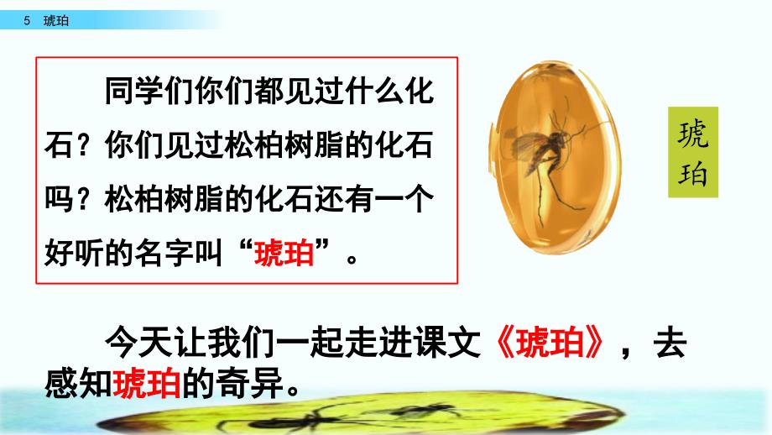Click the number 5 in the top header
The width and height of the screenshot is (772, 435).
tap(27, 21)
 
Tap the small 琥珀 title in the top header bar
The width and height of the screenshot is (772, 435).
tap(55, 21)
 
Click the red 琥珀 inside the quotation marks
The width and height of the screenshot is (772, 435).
tap(284, 253)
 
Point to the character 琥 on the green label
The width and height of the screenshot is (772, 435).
tap(693, 134)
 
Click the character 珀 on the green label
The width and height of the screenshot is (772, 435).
tap(693, 173)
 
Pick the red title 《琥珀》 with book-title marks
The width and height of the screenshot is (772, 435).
tap(550, 342)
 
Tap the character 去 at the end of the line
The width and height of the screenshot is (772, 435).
tap(670, 342)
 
